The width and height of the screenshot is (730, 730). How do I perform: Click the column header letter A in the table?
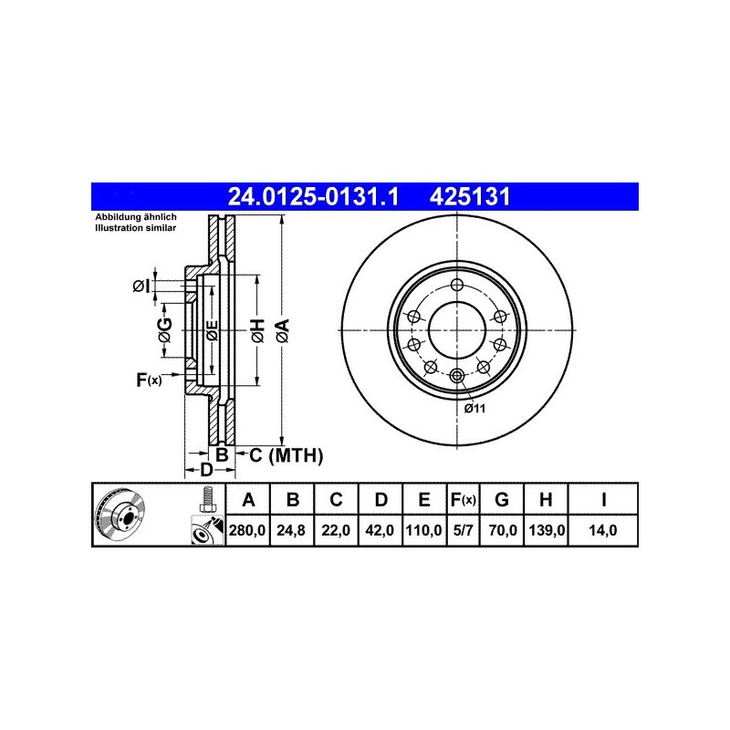[246, 499]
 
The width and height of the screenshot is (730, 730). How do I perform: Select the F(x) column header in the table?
[463, 499]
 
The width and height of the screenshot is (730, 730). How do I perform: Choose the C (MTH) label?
[286, 454]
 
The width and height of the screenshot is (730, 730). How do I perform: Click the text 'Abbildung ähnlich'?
[137, 217]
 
